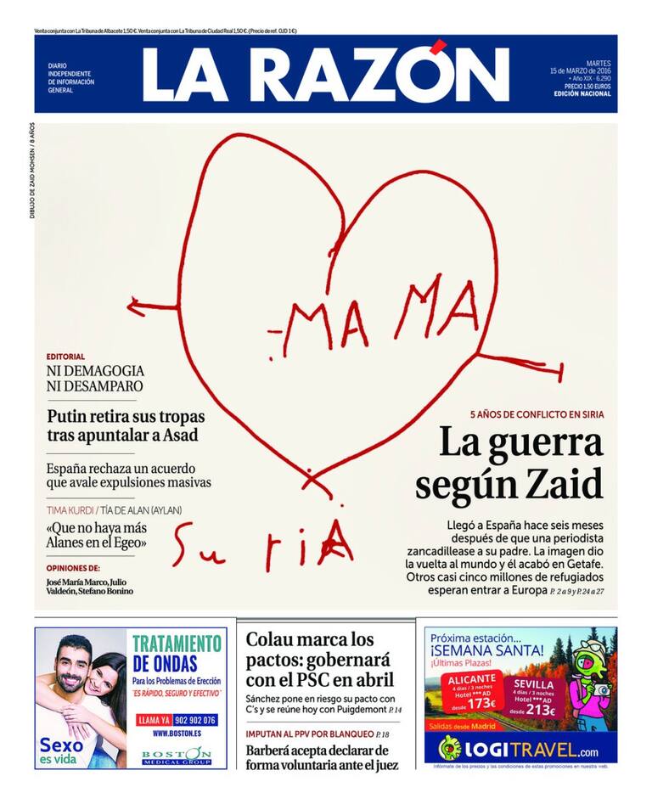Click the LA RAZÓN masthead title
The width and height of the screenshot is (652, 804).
(x=325, y=75)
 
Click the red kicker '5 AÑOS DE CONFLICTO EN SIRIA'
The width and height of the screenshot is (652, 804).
(x=536, y=414)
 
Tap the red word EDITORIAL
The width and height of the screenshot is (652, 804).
(x=65, y=357)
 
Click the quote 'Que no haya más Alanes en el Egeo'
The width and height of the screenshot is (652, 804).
(x=97, y=536)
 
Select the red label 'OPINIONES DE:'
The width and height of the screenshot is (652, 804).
(x=73, y=567)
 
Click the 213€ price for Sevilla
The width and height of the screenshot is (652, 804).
(x=540, y=711)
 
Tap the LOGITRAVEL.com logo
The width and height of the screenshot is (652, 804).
(x=520, y=750)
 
